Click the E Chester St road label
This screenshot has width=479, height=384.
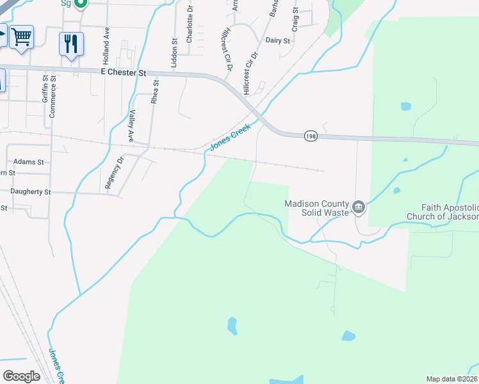pos(124,72)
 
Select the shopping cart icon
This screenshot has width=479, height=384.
pos(21,37)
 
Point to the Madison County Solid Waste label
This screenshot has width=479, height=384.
pos(317,208)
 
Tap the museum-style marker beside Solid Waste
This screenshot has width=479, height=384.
pos(359,206)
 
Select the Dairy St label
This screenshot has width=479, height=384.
pos(278,40)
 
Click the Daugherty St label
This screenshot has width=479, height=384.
pos(30,192)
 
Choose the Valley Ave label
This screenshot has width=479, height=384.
pos(131,126)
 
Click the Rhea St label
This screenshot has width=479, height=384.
pos(154,92)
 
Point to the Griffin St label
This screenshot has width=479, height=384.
pos(45,90)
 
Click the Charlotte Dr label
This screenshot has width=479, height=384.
pos(190,26)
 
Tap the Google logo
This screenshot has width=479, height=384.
pos(21,376)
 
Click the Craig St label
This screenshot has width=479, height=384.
pos(295,20)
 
